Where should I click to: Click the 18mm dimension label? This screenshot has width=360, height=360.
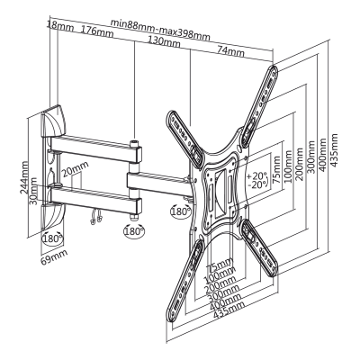click(60, 26)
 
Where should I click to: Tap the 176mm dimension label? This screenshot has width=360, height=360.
click(97, 31)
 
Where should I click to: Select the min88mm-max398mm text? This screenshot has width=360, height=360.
click(160, 30)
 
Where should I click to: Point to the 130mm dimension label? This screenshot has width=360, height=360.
click(165, 42)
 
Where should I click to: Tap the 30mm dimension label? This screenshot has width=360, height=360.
click(34, 191)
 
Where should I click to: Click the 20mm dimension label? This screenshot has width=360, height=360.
click(75, 169)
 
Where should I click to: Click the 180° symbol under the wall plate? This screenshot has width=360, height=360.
click(52, 238)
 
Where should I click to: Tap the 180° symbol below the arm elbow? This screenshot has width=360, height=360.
click(134, 231)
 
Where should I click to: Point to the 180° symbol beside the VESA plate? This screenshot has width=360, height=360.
click(181, 211)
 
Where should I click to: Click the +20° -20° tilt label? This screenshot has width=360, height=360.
click(257, 179)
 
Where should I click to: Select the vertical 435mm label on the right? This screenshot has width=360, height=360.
click(334, 149)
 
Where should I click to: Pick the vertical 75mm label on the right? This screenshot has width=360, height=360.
click(276, 169)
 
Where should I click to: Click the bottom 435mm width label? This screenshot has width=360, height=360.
click(229, 310)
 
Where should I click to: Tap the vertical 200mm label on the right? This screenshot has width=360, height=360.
click(300, 164)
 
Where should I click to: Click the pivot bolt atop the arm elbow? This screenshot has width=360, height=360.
click(134, 143)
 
